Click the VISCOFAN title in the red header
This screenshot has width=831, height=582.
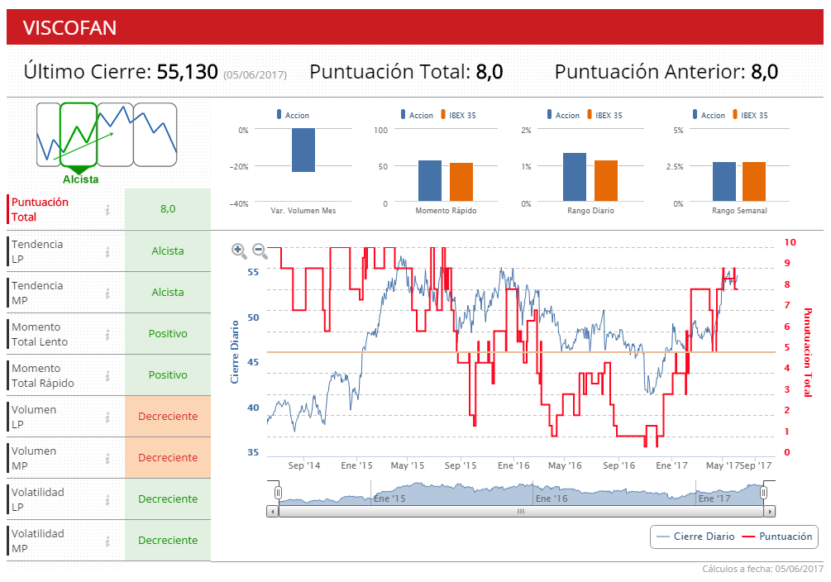pyautogui.click(x=69, y=28)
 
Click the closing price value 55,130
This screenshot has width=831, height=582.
pyautogui.click(x=187, y=72)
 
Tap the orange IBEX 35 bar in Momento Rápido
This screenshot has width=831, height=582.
pyautogui.click(x=461, y=182)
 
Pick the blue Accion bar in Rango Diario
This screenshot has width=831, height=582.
pyautogui.click(x=575, y=177)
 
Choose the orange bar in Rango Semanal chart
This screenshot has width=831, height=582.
pyautogui.click(x=754, y=181)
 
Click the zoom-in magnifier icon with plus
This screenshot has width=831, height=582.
pyautogui.click(x=239, y=250)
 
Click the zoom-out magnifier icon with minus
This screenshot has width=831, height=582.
pyautogui.click(x=260, y=250)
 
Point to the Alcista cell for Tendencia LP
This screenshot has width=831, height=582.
pyautogui.click(x=168, y=250)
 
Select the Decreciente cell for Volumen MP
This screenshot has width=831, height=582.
pyautogui.click(x=168, y=457)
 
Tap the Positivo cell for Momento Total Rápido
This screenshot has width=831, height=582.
pyautogui.click(x=168, y=374)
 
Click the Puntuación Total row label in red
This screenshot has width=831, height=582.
pyautogui.click(x=41, y=209)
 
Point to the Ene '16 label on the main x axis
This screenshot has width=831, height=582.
pyautogui.click(x=513, y=466)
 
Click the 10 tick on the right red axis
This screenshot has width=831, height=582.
pyautogui.click(x=790, y=242)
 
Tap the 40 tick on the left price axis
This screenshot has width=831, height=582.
pyautogui.click(x=252, y=408)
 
